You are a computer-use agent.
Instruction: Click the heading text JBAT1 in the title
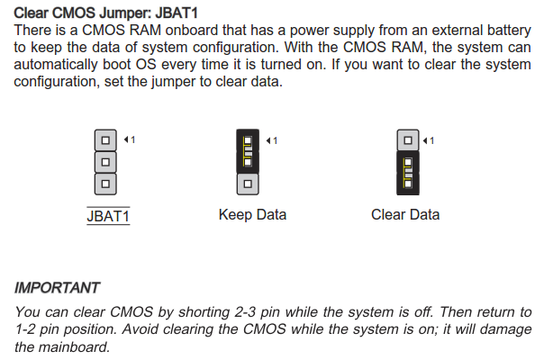click(177, 13)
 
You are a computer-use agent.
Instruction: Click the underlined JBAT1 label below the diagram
click(108, 216)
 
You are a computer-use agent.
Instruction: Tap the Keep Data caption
click(252, 215)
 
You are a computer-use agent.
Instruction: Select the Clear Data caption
click(405, 215)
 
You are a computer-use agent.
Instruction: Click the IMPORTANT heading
click(57, 288)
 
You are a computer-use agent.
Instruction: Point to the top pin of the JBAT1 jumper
click(105, 140)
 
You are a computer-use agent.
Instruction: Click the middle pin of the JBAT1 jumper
click(105, 162)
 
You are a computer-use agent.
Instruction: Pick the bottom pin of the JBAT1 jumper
click(105, 184)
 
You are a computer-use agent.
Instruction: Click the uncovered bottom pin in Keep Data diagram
click(248, 184)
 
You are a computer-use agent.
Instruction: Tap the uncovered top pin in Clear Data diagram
click(408, 140)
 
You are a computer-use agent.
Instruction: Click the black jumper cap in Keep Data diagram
click(248, 151)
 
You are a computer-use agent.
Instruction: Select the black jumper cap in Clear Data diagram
click(408, 173)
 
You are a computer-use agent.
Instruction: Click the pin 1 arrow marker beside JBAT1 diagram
click(130, 139)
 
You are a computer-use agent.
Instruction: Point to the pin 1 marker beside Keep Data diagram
click(272, 140)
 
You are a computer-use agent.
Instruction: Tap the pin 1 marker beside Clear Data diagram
click(429, 140)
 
